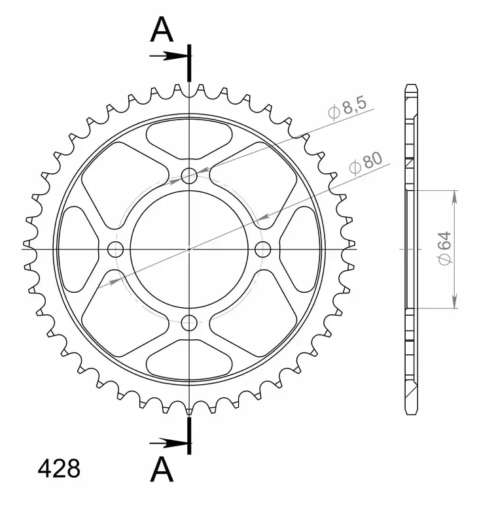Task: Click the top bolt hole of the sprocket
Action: (190, 175)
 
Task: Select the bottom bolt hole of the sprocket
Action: (190, 322)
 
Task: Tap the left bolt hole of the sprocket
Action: (116, 249)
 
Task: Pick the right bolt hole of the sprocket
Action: (263, 249)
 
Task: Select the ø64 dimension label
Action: (444, 249)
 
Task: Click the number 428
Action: (59, 469)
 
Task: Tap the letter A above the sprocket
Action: (162, 30)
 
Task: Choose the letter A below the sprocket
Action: (162, 469)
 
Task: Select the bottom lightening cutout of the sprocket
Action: (189, 359)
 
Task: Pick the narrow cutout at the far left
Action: (78, 249)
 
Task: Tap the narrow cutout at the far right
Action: (300, 249)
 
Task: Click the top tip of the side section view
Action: (410, 86)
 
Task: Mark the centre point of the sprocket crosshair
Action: (190, 249)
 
